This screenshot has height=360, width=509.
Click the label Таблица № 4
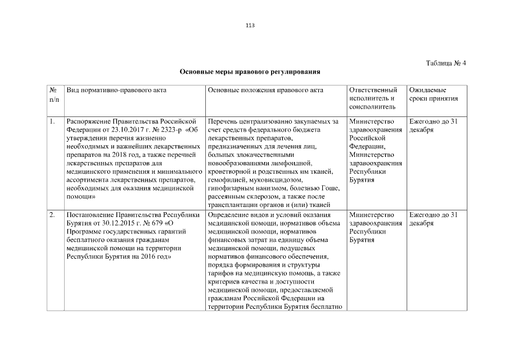click(446, 62)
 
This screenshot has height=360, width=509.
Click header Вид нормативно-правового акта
click(116, 90)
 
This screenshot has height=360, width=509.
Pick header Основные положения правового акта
click(265, 90)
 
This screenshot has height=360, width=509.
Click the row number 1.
click(52, 121)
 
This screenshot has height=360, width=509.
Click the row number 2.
click(52, 215)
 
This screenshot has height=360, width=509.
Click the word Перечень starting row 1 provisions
click(223, 121)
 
